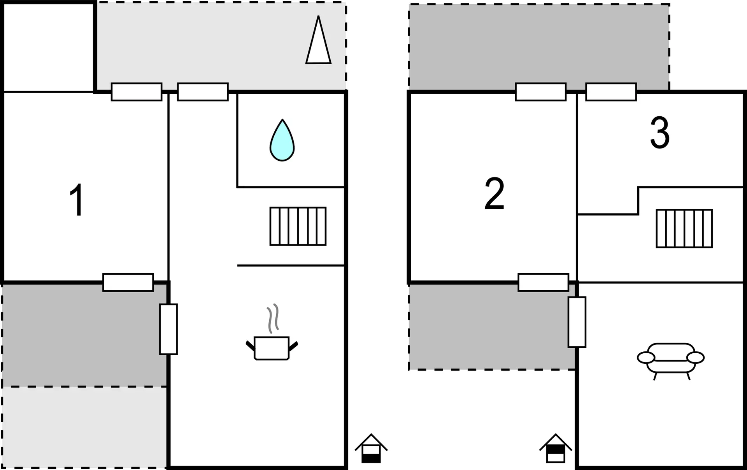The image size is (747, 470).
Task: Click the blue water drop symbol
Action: tap(282, 141)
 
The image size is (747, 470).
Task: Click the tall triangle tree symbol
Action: tap(318, 43)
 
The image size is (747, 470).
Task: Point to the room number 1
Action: tap(76, 200)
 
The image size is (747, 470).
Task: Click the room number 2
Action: tap(494, 193)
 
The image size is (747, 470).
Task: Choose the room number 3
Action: tap(660, 133)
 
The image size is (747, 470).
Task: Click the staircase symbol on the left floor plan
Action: tap(298, 226)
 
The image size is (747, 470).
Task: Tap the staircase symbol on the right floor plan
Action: tap(684, 228)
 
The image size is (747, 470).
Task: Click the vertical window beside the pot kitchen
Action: tap(168, 329)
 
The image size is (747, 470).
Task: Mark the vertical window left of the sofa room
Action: tap(577, 322)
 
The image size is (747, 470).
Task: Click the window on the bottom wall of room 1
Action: tap(128, 282)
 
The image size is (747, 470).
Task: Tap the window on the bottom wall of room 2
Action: tap(543, 282)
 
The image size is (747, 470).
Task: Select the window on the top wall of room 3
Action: tap(611, 92)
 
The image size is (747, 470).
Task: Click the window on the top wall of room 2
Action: tap(540, 92)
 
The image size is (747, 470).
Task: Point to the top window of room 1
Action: tap(137, 92)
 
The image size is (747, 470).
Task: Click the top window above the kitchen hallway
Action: tap(203, 92)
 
